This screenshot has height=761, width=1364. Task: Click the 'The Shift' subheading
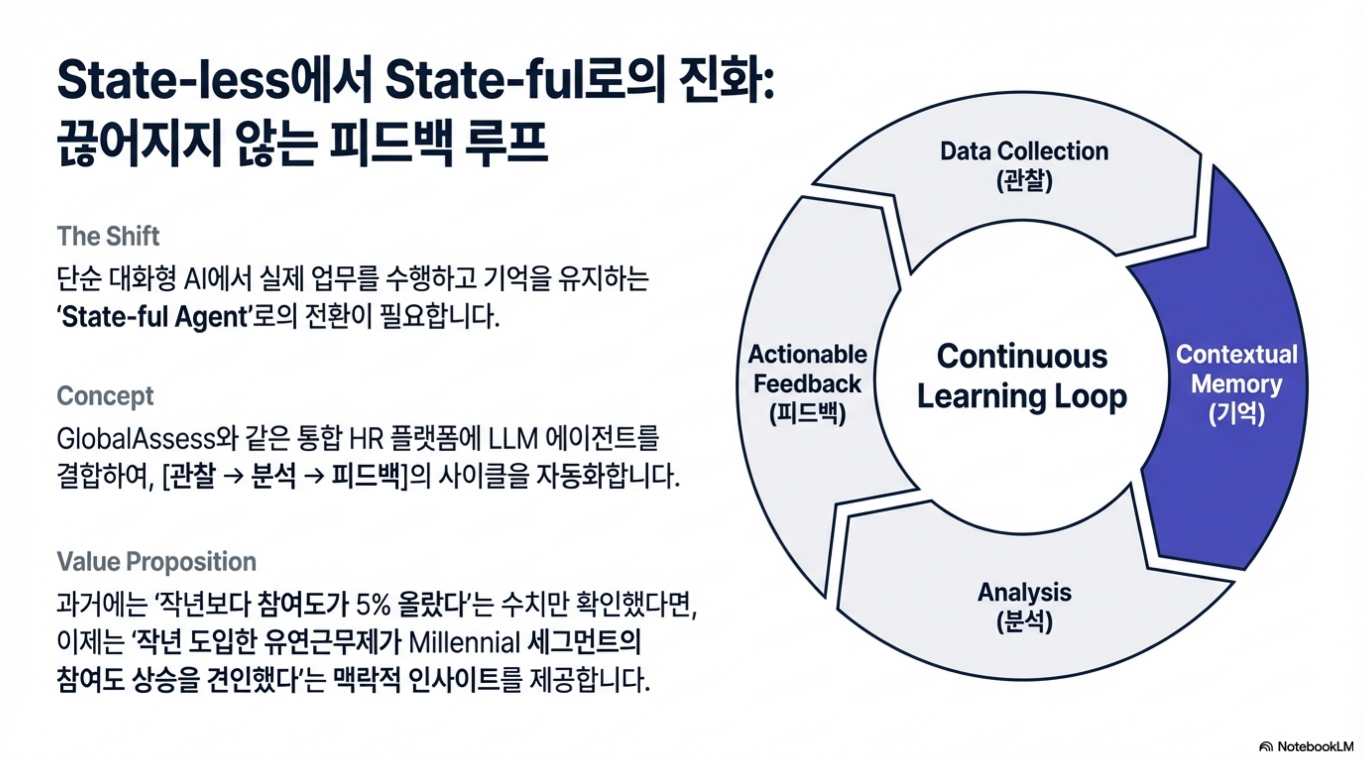coord(108,236)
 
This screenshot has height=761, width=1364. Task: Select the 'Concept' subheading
coord(105,396)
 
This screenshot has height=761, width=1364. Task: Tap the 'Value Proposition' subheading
coord(156,561)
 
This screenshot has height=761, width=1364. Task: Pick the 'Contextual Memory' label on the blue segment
coord(1237,370)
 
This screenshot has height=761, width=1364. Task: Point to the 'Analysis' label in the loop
coord(1024,592)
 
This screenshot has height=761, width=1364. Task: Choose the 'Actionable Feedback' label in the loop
coord(807,369)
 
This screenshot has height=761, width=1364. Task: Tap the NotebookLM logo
coord(1306,746)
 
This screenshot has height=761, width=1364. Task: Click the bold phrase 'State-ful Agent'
coord(153,317)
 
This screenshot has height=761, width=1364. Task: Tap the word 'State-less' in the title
coord(173,81)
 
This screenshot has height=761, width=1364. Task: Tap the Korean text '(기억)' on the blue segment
coord(1237,414)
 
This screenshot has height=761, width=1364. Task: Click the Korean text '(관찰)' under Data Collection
coord(1024,181)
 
